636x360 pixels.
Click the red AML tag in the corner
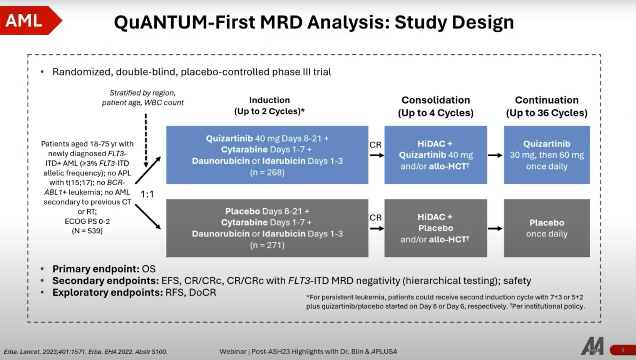27,20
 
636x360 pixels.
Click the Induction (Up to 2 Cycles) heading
269,105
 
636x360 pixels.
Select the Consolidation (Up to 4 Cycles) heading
435,106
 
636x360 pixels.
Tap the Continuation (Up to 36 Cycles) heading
546,106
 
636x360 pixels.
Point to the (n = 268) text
267,172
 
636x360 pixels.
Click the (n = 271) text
267,245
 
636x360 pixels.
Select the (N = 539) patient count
87,231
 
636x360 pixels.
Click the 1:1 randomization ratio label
147,194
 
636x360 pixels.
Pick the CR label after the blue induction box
375,145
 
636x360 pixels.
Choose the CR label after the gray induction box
375,218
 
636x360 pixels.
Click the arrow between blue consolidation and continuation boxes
495,155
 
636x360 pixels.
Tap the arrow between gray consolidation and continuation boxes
495,228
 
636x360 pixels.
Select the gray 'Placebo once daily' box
546,228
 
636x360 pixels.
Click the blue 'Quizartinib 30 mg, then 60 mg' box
546,155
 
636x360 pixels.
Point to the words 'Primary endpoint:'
95,269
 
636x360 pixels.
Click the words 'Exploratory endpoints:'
107,293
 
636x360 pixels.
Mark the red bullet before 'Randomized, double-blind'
42,72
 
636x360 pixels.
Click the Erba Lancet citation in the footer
85,352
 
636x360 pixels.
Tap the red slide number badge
623,350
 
